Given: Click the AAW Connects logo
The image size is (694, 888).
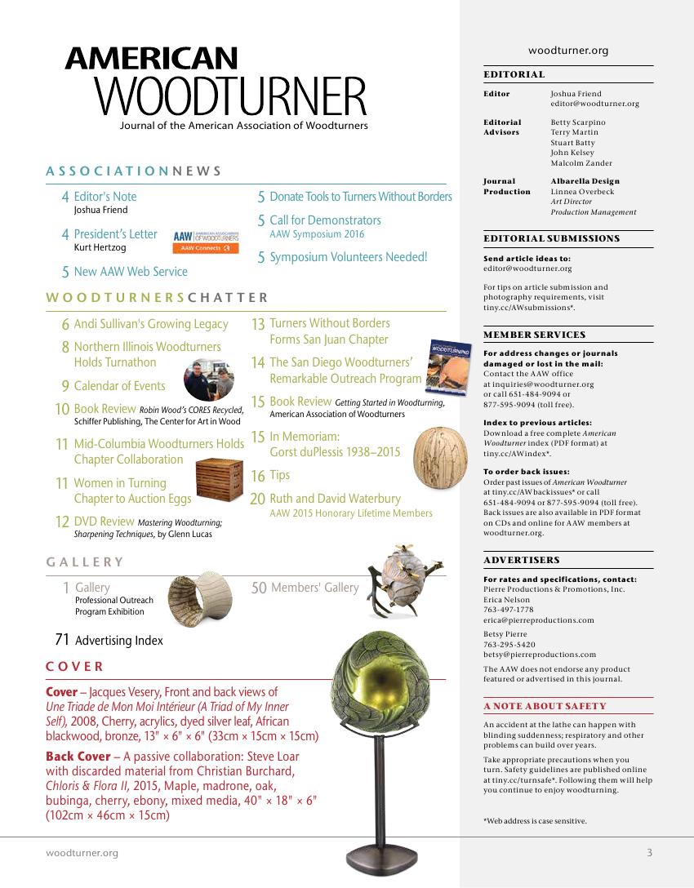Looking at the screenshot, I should coord(206,241).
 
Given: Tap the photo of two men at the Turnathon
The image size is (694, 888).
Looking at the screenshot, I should coord(208,379).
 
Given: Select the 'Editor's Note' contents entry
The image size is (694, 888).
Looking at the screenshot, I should coord(105,197).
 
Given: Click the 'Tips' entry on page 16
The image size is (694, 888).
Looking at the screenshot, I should coord(279,475).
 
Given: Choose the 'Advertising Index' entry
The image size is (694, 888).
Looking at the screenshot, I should coord(118,641).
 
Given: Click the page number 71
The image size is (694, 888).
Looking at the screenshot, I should coord(62,640).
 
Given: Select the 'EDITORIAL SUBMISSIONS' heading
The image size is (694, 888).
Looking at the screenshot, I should coord(551,238).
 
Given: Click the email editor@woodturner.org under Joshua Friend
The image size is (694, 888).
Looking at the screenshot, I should coord(594,104).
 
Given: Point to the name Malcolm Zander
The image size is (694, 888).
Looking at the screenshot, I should coord(581,163).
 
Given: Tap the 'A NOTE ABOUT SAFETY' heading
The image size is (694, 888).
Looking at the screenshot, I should coord(545,706).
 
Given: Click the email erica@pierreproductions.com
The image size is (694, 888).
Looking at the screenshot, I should coord(539,620).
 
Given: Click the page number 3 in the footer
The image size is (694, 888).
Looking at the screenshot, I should coord(649,853).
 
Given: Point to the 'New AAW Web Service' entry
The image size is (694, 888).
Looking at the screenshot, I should coord(131,272).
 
